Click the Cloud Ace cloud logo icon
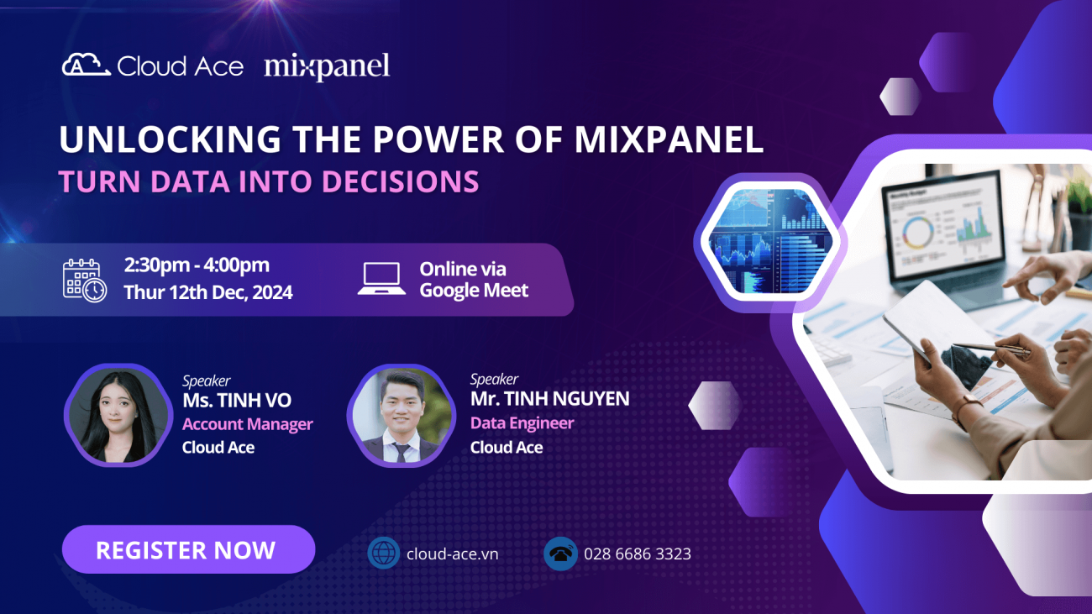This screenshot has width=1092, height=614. point(86,66)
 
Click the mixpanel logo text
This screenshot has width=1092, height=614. point(327,66)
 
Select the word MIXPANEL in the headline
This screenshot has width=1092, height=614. point(669,140)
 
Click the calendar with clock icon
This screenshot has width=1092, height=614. point(85,280)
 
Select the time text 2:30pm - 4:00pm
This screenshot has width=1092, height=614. point(197,265)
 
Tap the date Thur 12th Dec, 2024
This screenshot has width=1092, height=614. point(208,292)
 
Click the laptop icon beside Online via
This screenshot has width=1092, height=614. point(381,279)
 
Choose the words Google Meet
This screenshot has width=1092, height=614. point(474,291)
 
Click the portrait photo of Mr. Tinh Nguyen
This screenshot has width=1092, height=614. point(401,414)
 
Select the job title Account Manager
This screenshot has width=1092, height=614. point(247,424)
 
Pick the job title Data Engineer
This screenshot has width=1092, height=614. point(522,423)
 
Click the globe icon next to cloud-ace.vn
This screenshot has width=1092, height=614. point(383,554)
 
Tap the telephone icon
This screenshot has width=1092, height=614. point(560,554)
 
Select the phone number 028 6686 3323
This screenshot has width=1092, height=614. point(637,554)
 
